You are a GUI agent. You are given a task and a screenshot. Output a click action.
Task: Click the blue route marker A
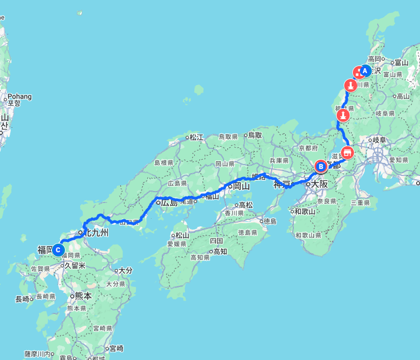coord(365,70)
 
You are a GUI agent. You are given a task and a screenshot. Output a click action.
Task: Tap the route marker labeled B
coord(321,166)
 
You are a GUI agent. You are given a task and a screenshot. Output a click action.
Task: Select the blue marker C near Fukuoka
coord(58,250)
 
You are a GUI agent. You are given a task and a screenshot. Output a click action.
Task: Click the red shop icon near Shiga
coord(347,152)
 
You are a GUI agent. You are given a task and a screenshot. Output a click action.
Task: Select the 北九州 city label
coord(96,233)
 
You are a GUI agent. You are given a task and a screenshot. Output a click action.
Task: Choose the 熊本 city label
coord(82,296)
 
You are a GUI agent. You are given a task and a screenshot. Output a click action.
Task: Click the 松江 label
coord(195,137)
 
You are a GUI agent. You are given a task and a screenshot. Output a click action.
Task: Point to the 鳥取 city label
coord(254,135)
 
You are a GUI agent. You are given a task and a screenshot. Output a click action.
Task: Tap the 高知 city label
coord(220,251)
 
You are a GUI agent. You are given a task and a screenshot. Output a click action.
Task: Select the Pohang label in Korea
coord(19,96)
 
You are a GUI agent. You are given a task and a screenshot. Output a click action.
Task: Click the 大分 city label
coord(126,270)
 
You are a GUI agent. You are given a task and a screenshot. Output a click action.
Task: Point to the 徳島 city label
coord(270,221)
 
